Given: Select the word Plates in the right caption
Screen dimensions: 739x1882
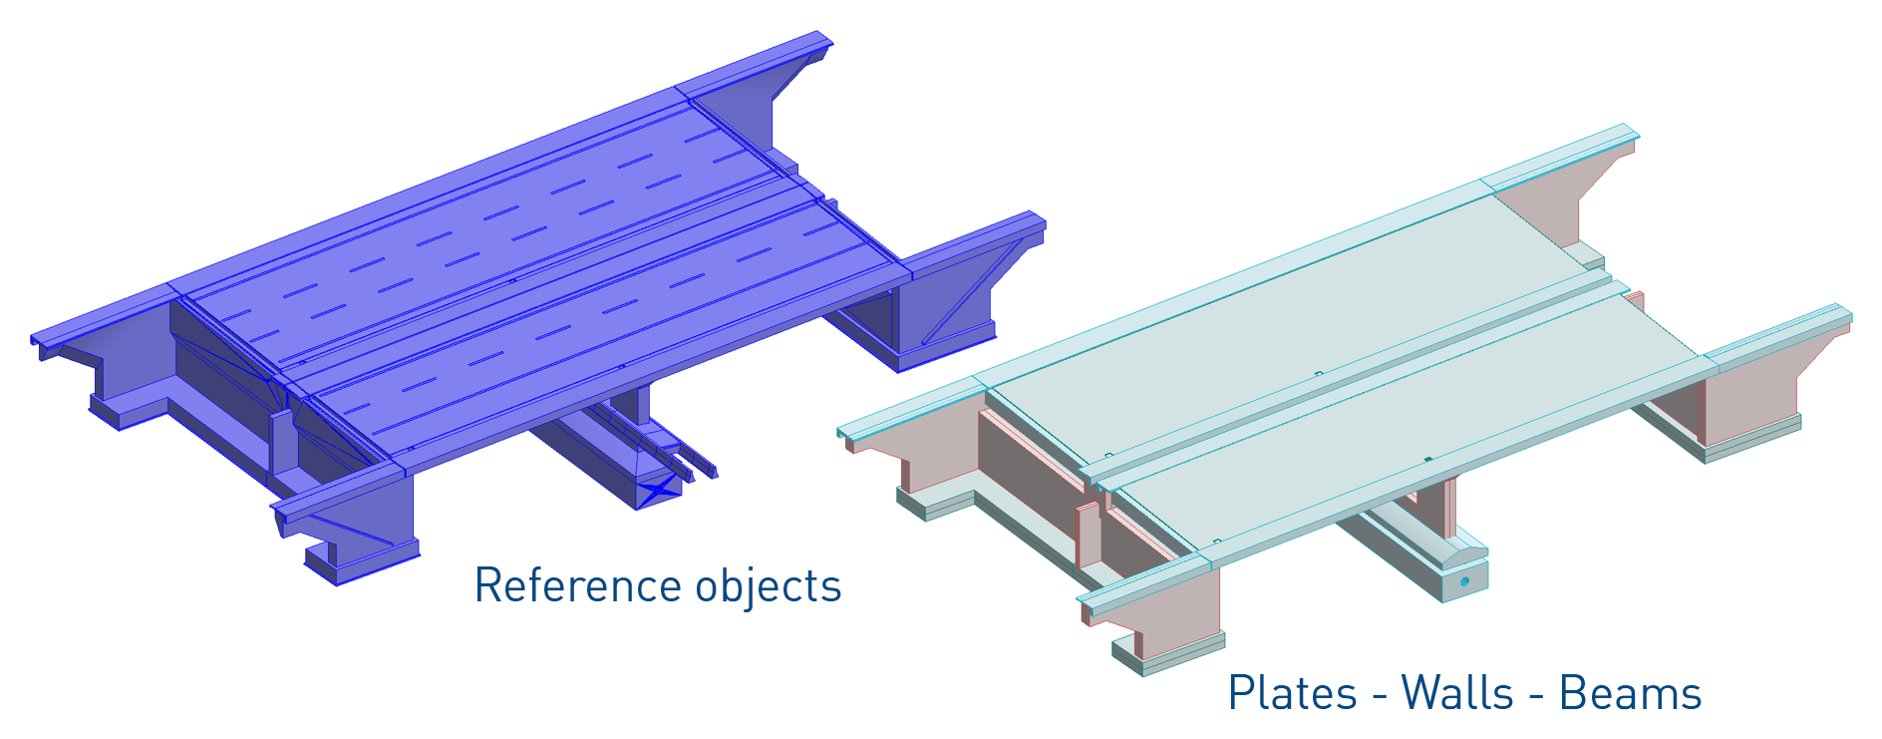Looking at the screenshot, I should [x=1292, y=693].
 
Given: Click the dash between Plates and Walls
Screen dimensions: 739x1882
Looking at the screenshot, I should [x=1379, y=696].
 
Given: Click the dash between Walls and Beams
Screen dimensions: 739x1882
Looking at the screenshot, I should [x=1536, y=696].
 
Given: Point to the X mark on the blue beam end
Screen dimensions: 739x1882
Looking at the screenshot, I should [x=659, y=490].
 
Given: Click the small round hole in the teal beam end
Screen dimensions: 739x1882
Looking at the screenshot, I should [x=1464, y=580].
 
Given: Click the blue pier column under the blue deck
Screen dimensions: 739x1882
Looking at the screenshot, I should [x=630, y=404].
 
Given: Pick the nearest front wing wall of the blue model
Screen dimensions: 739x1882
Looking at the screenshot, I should [x=369, y=524].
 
